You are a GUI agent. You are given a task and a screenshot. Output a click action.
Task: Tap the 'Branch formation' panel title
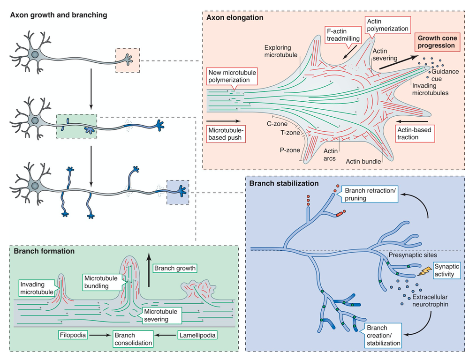coord(44,251)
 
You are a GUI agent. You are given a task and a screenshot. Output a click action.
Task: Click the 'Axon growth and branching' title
coord(59,15)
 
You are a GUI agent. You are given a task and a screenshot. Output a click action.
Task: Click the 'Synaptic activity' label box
coord(444,270)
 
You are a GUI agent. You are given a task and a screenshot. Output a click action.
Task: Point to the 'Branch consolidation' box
coord(133,339)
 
